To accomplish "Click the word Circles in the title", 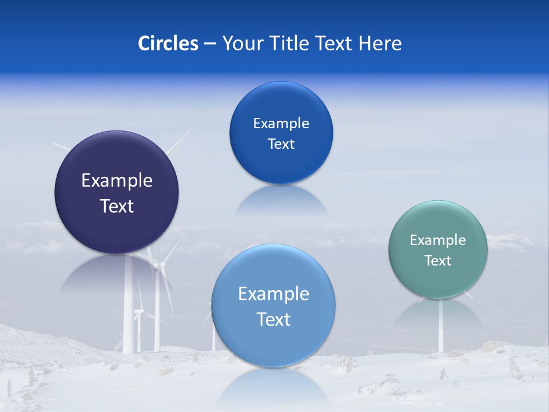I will click(x=168, y=43).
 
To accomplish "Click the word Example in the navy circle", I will click(x=117, y=180).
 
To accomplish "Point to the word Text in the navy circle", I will click(x=117, y=206).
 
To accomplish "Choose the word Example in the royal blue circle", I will click(x=281, y=123).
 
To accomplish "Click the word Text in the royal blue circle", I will click(x=281, y=144).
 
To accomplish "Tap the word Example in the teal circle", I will click(x=438, y=240).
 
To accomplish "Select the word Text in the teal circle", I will click(x=438, y=260).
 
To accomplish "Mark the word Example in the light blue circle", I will click(x=273, y=294).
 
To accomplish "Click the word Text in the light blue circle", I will click(x=273, y=319).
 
